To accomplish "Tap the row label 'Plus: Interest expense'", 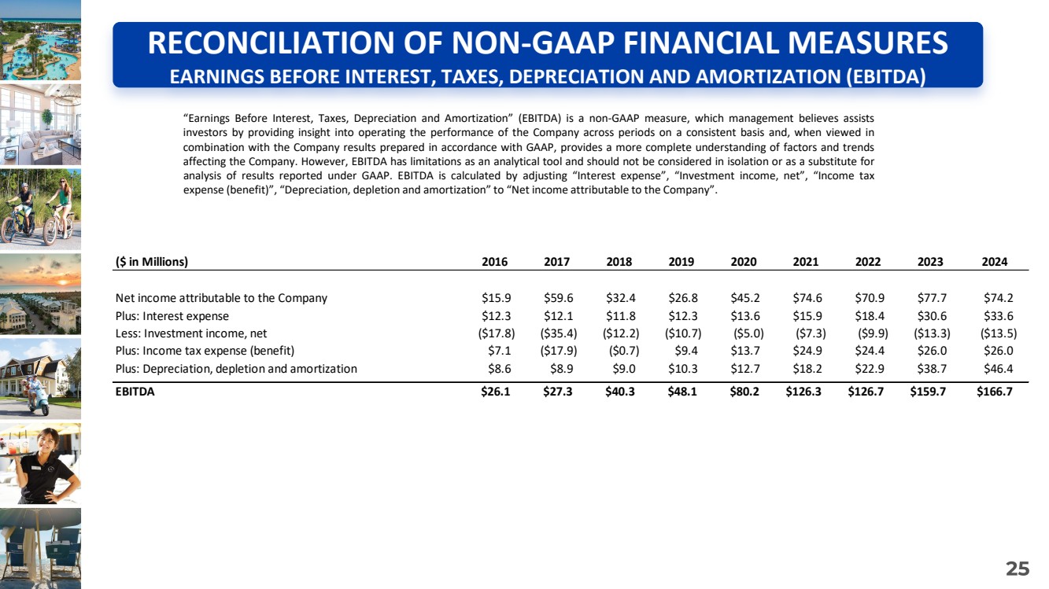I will [172, 316].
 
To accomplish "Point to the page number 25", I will [1018, 569].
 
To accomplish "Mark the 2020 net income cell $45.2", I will [744, 298].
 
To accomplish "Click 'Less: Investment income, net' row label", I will [191, 333].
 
